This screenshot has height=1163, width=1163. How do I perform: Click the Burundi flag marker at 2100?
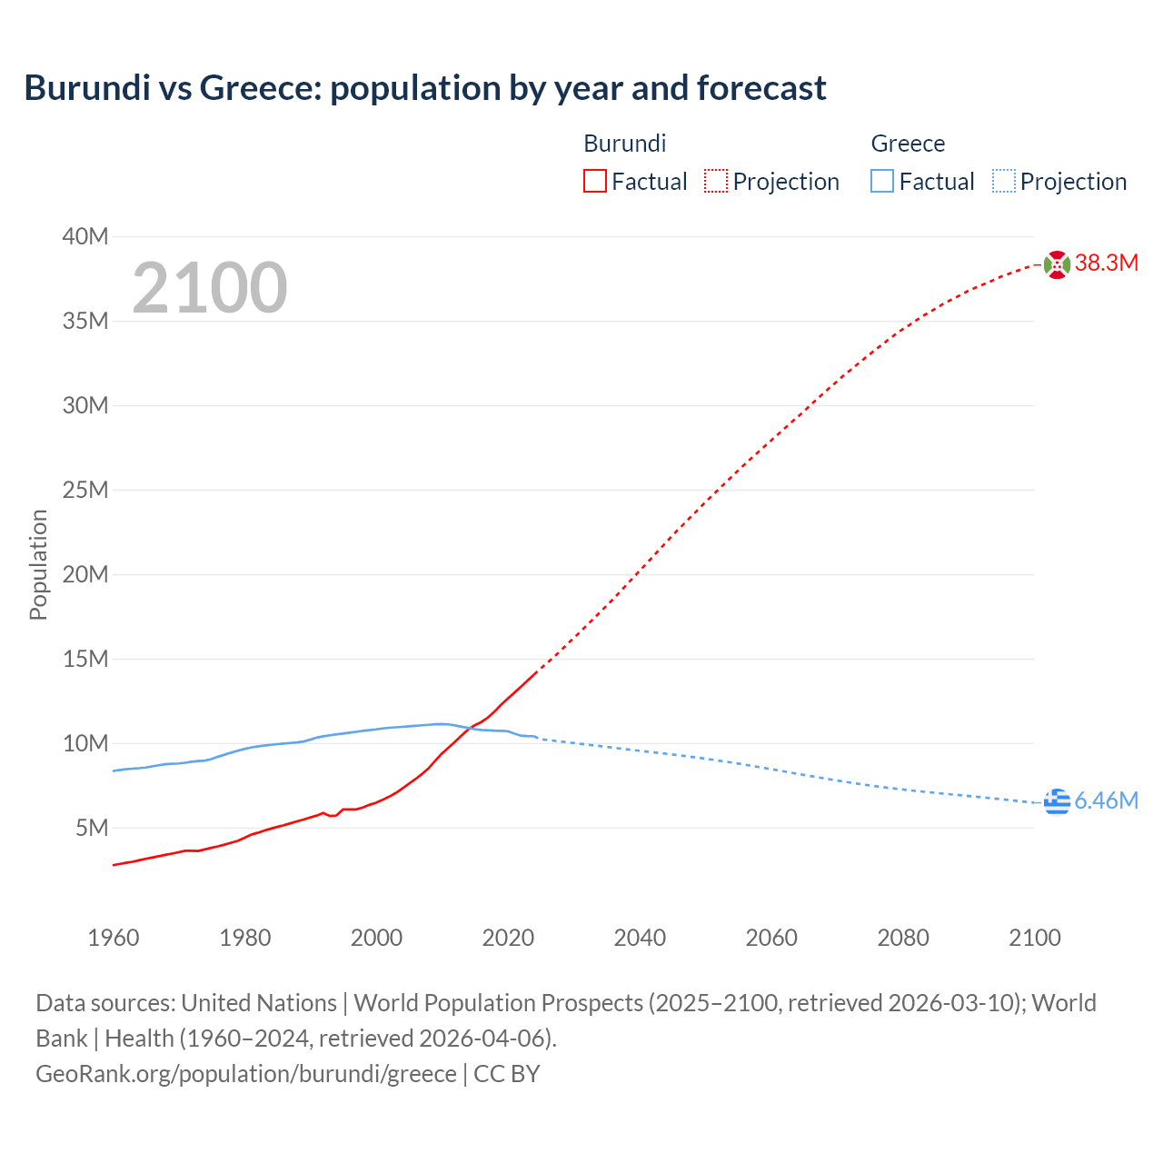[x=1057, y=264]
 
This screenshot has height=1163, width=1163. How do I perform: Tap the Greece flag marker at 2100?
[x=1057, y=802]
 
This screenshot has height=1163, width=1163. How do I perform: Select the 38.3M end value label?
[x=1107, y=263]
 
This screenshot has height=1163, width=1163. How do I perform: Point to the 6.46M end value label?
[x=1107, y=800]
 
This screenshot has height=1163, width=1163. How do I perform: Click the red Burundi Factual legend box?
[x=594, y=182]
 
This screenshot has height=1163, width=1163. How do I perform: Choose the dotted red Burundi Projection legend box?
[x=716, y=182]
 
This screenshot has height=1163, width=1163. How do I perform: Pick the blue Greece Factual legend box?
[x=881, y=182]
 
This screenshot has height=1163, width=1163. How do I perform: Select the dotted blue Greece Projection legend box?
[x=1004, y=182]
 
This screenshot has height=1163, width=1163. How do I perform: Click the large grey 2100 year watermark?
[x=210, y=288]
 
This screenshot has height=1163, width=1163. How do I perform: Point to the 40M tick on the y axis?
[x=85, y=237]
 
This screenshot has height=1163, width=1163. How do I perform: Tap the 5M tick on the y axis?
[x=92, y=828]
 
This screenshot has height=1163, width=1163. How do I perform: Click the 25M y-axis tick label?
[x=85, y=491]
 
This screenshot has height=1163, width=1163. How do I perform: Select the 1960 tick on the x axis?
[x=114, y=938]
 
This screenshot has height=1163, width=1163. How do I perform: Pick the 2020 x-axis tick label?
[x=508, y=938]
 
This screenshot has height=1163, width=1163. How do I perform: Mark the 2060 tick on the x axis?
[x=771, y=938]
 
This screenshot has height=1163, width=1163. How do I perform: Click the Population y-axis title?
[x=38, y=564]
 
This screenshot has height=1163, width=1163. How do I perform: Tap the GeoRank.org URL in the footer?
[x=246, y=1074]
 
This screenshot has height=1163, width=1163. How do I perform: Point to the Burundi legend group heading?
[x=624, y=144]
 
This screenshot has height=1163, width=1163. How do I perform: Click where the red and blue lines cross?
[x=470, y=727]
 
